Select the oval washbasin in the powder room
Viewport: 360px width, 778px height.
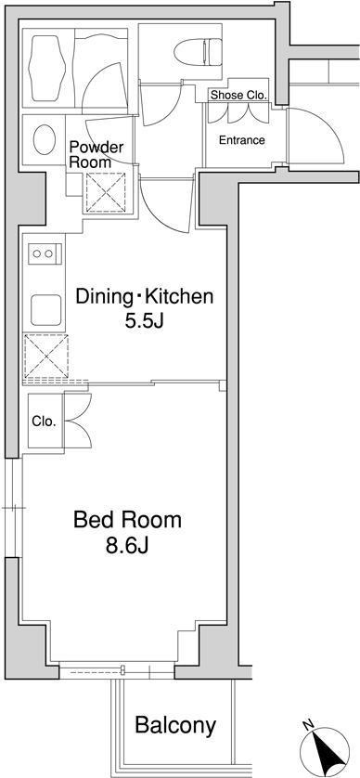click(x=43, y=140)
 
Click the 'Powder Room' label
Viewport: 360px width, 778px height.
click(x=90, y=153)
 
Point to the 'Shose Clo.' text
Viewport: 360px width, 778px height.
click(x=238, y=95)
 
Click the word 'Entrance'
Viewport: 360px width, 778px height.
click(x=241, y=140)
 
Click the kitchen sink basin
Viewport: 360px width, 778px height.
click(x=42, y=306)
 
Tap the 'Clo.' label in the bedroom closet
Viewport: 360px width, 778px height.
click(x=44, y=421)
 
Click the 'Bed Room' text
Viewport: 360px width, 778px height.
click(x=127, y=520)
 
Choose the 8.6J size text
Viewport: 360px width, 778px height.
click(x=127, y=547)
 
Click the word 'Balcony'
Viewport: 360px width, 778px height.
click(x=175, y=725)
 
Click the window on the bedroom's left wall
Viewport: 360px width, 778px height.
click(x=12, y=508)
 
